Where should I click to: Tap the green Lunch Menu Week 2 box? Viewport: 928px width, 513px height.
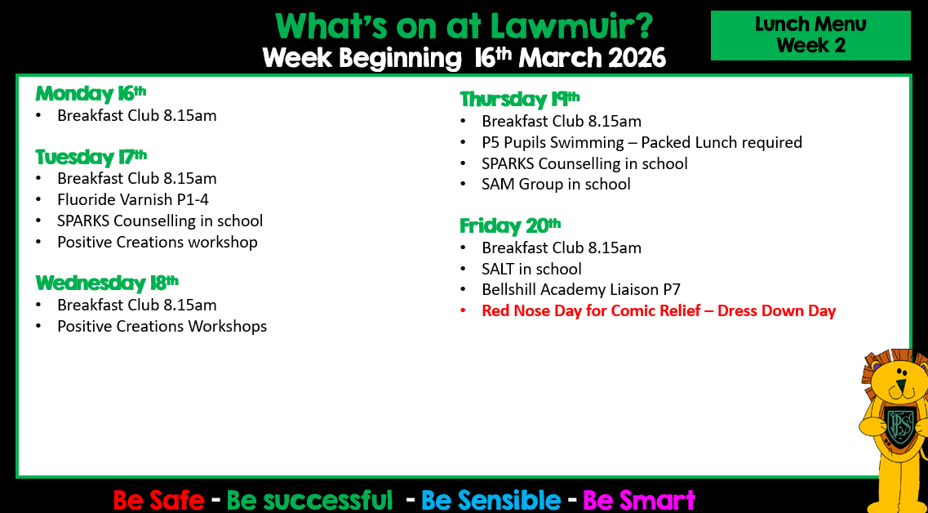click(810, 35)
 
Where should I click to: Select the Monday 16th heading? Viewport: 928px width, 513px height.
click(91, 94)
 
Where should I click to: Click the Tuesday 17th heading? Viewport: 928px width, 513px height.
click(91, 157)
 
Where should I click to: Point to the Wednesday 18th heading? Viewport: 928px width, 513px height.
click(107, 283)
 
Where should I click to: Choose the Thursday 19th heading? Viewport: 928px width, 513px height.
click(520, 98)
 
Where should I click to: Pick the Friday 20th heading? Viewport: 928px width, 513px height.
click(510, 225)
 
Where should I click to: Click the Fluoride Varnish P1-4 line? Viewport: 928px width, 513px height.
click(133, 199)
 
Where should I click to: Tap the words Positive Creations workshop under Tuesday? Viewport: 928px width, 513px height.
click(158, 243)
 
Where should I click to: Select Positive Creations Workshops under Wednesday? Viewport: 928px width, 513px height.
click(162, 327)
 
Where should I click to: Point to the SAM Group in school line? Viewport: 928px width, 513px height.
click(557, 185)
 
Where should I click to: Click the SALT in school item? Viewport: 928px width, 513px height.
click(531, 269)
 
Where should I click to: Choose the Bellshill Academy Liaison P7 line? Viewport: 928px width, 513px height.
click(581, 290)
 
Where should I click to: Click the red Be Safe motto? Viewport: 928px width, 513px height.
click(158, 500)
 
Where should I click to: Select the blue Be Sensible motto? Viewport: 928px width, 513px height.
click(491, 500)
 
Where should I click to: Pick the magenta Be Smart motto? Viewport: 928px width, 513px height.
click(638, 500)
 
